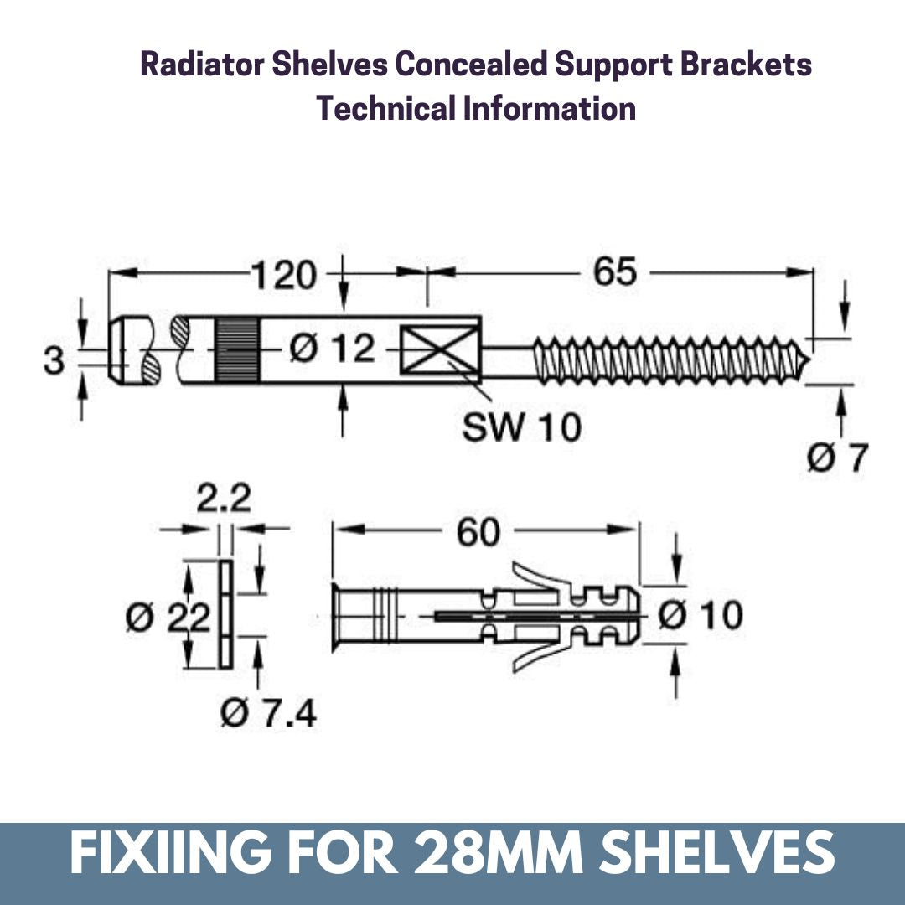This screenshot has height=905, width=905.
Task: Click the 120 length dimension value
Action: (284, 276)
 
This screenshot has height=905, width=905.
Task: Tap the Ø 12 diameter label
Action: (333, 349)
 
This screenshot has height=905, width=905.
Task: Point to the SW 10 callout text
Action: (521, 427)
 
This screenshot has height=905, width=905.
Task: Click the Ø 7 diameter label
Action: (836, 458)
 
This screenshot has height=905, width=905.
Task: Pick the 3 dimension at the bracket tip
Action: (54, 362)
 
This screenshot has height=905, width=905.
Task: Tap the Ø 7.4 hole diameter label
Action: (268, 714)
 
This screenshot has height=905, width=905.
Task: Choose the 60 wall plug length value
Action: (478, 533)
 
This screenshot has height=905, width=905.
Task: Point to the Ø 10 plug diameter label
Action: (700, 616)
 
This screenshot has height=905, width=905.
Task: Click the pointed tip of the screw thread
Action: (806, 361)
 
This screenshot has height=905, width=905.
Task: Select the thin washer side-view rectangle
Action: (225, 614)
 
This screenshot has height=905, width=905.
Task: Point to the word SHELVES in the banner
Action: (738, 852)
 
